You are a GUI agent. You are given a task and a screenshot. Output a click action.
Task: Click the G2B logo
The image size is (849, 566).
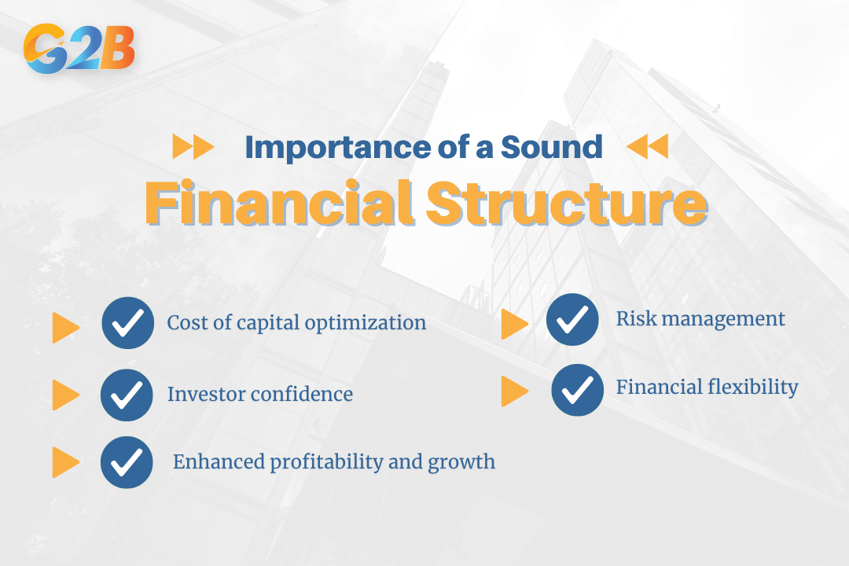(79, 49)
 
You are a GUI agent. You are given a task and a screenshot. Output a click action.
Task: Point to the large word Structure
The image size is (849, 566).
(566, 204)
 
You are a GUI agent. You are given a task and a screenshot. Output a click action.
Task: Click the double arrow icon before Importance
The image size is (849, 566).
(193, 147)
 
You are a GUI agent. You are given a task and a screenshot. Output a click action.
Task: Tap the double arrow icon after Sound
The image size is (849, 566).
(647, 146)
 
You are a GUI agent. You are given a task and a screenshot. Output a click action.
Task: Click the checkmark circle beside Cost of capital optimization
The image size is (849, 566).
(127, 322)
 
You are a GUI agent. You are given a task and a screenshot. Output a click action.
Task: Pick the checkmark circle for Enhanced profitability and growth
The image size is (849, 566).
(127, 462)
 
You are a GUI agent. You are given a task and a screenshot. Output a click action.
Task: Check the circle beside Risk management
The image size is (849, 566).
(572, 319)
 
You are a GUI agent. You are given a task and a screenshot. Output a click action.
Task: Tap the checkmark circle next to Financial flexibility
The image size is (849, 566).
(577, 389)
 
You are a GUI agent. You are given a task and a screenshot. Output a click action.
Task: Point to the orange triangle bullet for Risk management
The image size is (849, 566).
(514, 324)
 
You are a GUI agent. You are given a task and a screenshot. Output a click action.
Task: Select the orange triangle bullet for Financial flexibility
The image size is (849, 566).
(514, 391)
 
